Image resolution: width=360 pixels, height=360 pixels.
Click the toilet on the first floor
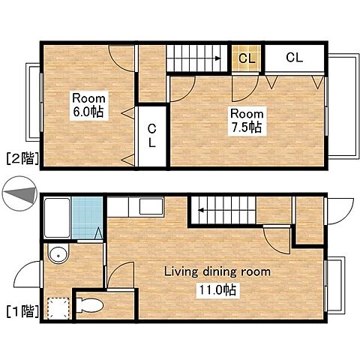pos(89,304)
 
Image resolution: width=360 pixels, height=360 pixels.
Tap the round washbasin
pos(58,255)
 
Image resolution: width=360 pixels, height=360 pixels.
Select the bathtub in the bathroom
pos(57,217)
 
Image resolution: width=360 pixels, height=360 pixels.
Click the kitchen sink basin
pos(151,206)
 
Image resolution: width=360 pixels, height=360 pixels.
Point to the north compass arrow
pos(20,194)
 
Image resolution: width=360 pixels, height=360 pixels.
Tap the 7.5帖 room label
pos(247,121)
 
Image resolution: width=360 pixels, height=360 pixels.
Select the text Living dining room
pos(217,271)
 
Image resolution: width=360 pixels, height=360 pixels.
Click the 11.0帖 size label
pos(217,289)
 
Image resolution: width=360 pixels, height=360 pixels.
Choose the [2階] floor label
pos(22,158)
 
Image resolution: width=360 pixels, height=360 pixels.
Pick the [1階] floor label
pos(22,311)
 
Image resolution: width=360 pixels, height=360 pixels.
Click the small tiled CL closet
pos(247,58)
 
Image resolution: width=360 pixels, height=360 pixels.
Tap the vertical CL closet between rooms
pos(152,136)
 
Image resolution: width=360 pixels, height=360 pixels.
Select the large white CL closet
pos(295,58)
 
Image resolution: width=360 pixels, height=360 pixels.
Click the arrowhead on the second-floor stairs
pos(218,58)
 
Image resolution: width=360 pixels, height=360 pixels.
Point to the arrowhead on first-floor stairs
pos(201,210)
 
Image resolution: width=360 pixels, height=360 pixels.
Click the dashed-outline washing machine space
pos(58,308)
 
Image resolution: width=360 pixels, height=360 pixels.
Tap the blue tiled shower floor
pos(87,217)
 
